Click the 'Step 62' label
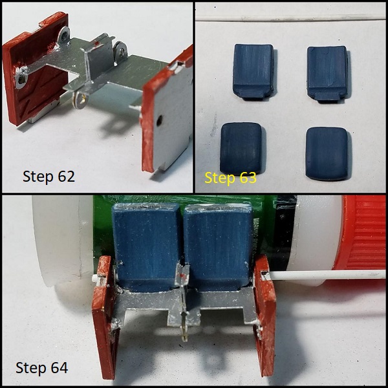(x=48, y=177)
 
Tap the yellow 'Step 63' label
(x=230, y=178)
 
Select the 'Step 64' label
(x=42, y=368)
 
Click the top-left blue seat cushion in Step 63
(x=253, y=72)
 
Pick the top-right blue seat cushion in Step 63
(x=327, y=74)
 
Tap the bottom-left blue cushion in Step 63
(x=241, y=148)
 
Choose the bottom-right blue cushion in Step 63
(x=327, y=153)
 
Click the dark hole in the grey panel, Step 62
(x=160, y=120)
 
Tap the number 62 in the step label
(x=66, y=177)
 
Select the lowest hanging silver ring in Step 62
(x=80, y=100)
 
